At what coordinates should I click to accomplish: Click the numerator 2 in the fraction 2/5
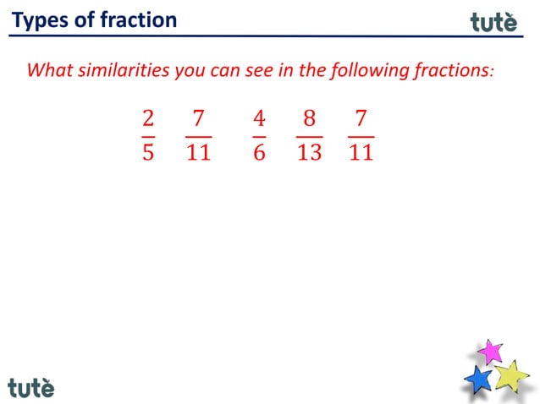point(148,117)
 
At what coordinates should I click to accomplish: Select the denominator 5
point(148,154)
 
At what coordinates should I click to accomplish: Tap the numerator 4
point(259,117)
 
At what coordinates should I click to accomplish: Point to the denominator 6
point(259,154)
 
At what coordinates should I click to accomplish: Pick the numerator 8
point(309,117)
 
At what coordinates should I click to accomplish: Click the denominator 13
point(309,154)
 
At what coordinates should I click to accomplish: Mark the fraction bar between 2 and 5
point(148,135)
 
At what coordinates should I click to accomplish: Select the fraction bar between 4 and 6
point(259,135)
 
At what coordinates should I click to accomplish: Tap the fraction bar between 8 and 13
point(309,135)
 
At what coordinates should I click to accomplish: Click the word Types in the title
point(40,19)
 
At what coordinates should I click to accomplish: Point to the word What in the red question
point(49,69)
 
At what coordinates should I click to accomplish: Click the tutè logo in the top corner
point(493,22)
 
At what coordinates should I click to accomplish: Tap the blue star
point(479,379)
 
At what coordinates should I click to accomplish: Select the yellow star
point(511,374)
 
